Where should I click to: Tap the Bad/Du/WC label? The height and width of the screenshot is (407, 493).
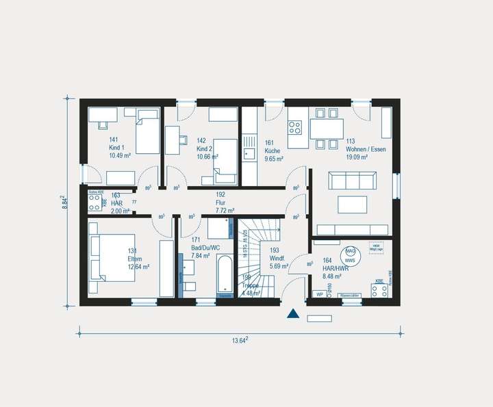tap(205, 248)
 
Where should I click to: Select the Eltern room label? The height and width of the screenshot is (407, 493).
tap(134, 259)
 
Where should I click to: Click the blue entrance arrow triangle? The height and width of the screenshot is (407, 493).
tap(293, 314)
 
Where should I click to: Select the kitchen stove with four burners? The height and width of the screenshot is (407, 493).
tap(295, 127)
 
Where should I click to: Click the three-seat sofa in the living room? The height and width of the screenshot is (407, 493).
tap(352, 180)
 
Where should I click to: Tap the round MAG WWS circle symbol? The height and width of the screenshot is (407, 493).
tap(350, 255)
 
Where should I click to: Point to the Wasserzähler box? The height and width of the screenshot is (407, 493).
tap(350, 295)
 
